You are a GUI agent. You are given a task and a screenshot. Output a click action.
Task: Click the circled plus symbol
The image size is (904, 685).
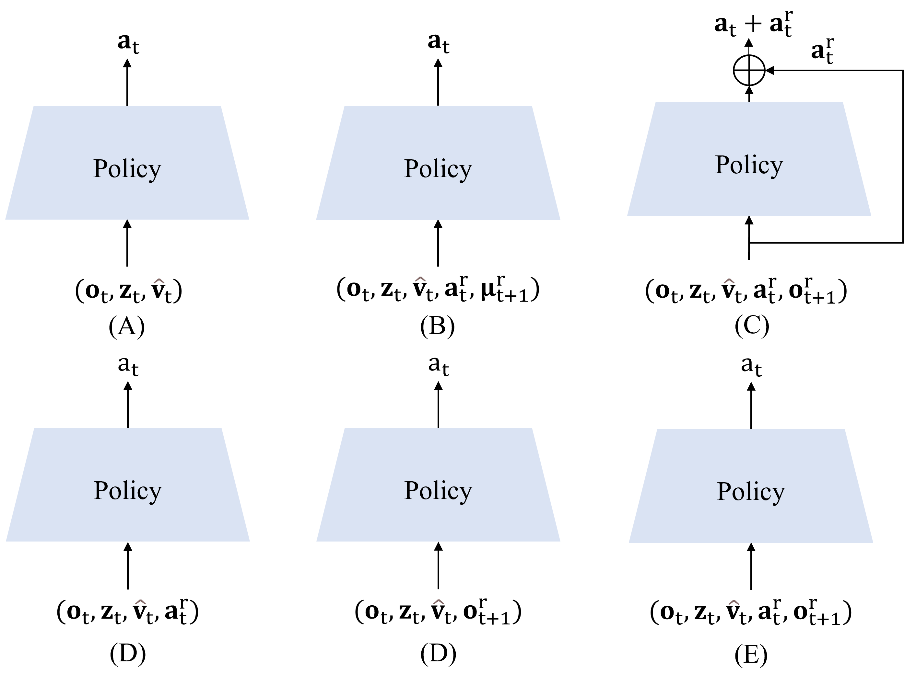(749, 70)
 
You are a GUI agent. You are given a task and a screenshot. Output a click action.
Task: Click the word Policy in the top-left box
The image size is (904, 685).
(127, 168)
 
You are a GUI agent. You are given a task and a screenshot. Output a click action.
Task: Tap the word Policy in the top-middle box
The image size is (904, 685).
(438, 168)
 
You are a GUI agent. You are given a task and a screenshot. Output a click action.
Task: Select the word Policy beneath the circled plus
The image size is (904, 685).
(749, 165)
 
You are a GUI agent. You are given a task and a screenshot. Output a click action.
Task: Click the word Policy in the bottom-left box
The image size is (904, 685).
(127, 490)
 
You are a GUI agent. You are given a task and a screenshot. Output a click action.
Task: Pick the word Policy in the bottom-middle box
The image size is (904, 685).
(438, 490)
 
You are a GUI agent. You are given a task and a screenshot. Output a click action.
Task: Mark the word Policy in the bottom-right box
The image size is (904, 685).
(751, 491)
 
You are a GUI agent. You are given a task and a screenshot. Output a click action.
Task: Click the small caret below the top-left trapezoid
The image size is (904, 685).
(159, 281)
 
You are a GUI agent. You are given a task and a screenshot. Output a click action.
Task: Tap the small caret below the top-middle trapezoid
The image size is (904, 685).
(420, 280)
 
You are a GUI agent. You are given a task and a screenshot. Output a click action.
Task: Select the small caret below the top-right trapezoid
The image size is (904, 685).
(729, 281)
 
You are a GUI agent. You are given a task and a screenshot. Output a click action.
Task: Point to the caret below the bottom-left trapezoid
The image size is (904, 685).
(141, 602)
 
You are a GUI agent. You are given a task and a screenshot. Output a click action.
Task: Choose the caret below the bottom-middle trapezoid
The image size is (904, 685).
(439, 602)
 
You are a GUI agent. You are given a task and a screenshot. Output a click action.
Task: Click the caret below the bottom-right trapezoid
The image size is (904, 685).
(734, 602)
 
